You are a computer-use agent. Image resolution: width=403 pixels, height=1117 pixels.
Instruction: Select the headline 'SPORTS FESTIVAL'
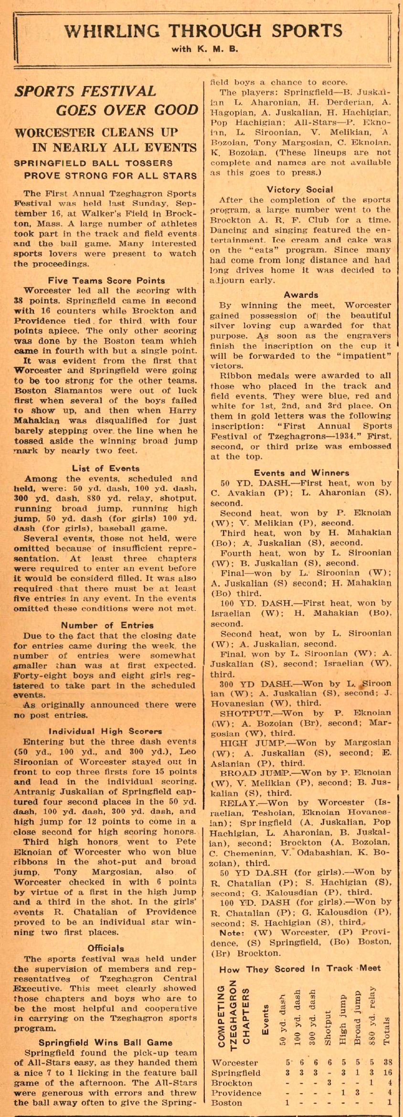85,91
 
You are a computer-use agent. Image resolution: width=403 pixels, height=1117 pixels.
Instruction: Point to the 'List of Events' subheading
106,468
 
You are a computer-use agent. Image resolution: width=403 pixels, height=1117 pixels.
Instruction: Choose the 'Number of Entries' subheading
107,625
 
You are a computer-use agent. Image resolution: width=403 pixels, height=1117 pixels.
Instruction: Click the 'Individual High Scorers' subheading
106,731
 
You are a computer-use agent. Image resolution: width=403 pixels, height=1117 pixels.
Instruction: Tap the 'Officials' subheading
106,948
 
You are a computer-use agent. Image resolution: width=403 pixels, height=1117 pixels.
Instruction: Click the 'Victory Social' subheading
300,189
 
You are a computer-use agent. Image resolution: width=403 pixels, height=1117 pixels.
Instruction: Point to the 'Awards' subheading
301,295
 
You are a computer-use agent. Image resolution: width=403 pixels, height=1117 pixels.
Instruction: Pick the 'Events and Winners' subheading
301,473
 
